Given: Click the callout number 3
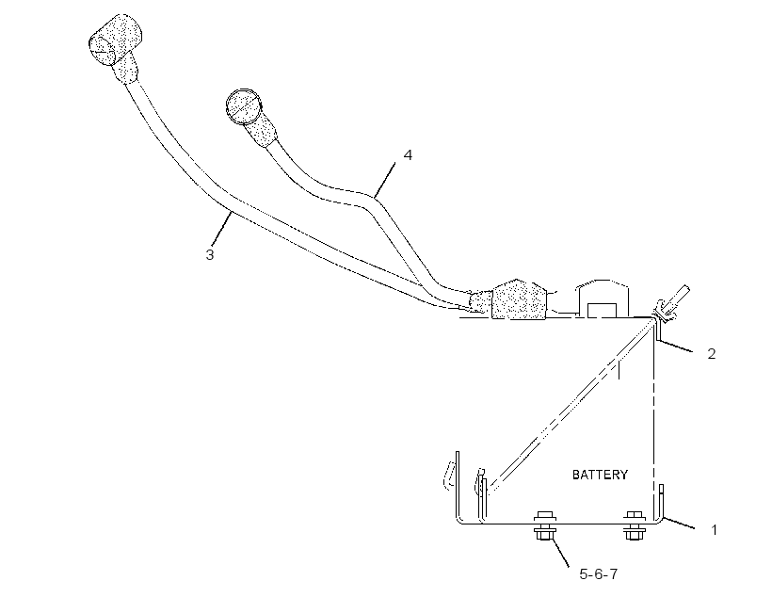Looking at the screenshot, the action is click(x=210, y=254).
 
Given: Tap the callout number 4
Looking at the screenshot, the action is click(x=408, y=154).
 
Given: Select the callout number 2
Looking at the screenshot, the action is click(x=712, y=353).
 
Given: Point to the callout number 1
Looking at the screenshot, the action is click(x=714, y=530).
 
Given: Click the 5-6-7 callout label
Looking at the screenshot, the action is click(x=598, y=573).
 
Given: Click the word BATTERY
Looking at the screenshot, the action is click(x=600, y=475).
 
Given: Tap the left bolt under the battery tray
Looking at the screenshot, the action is click(x=544, y=525).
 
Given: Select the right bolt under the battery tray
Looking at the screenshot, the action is click(x=635, y=525).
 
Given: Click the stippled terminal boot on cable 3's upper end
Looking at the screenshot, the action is click(x=116, y=44).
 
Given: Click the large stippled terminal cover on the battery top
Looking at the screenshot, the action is click(x=518, y=299).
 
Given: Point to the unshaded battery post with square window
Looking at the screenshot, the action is click(x=603, y=299).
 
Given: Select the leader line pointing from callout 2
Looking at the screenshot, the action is click(x=677, y=347).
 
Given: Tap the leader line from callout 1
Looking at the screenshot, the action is click(x=679, y=524).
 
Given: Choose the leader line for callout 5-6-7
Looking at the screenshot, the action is click(x=561, y=553).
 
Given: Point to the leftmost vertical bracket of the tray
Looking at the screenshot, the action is click(x=458, y=485).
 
